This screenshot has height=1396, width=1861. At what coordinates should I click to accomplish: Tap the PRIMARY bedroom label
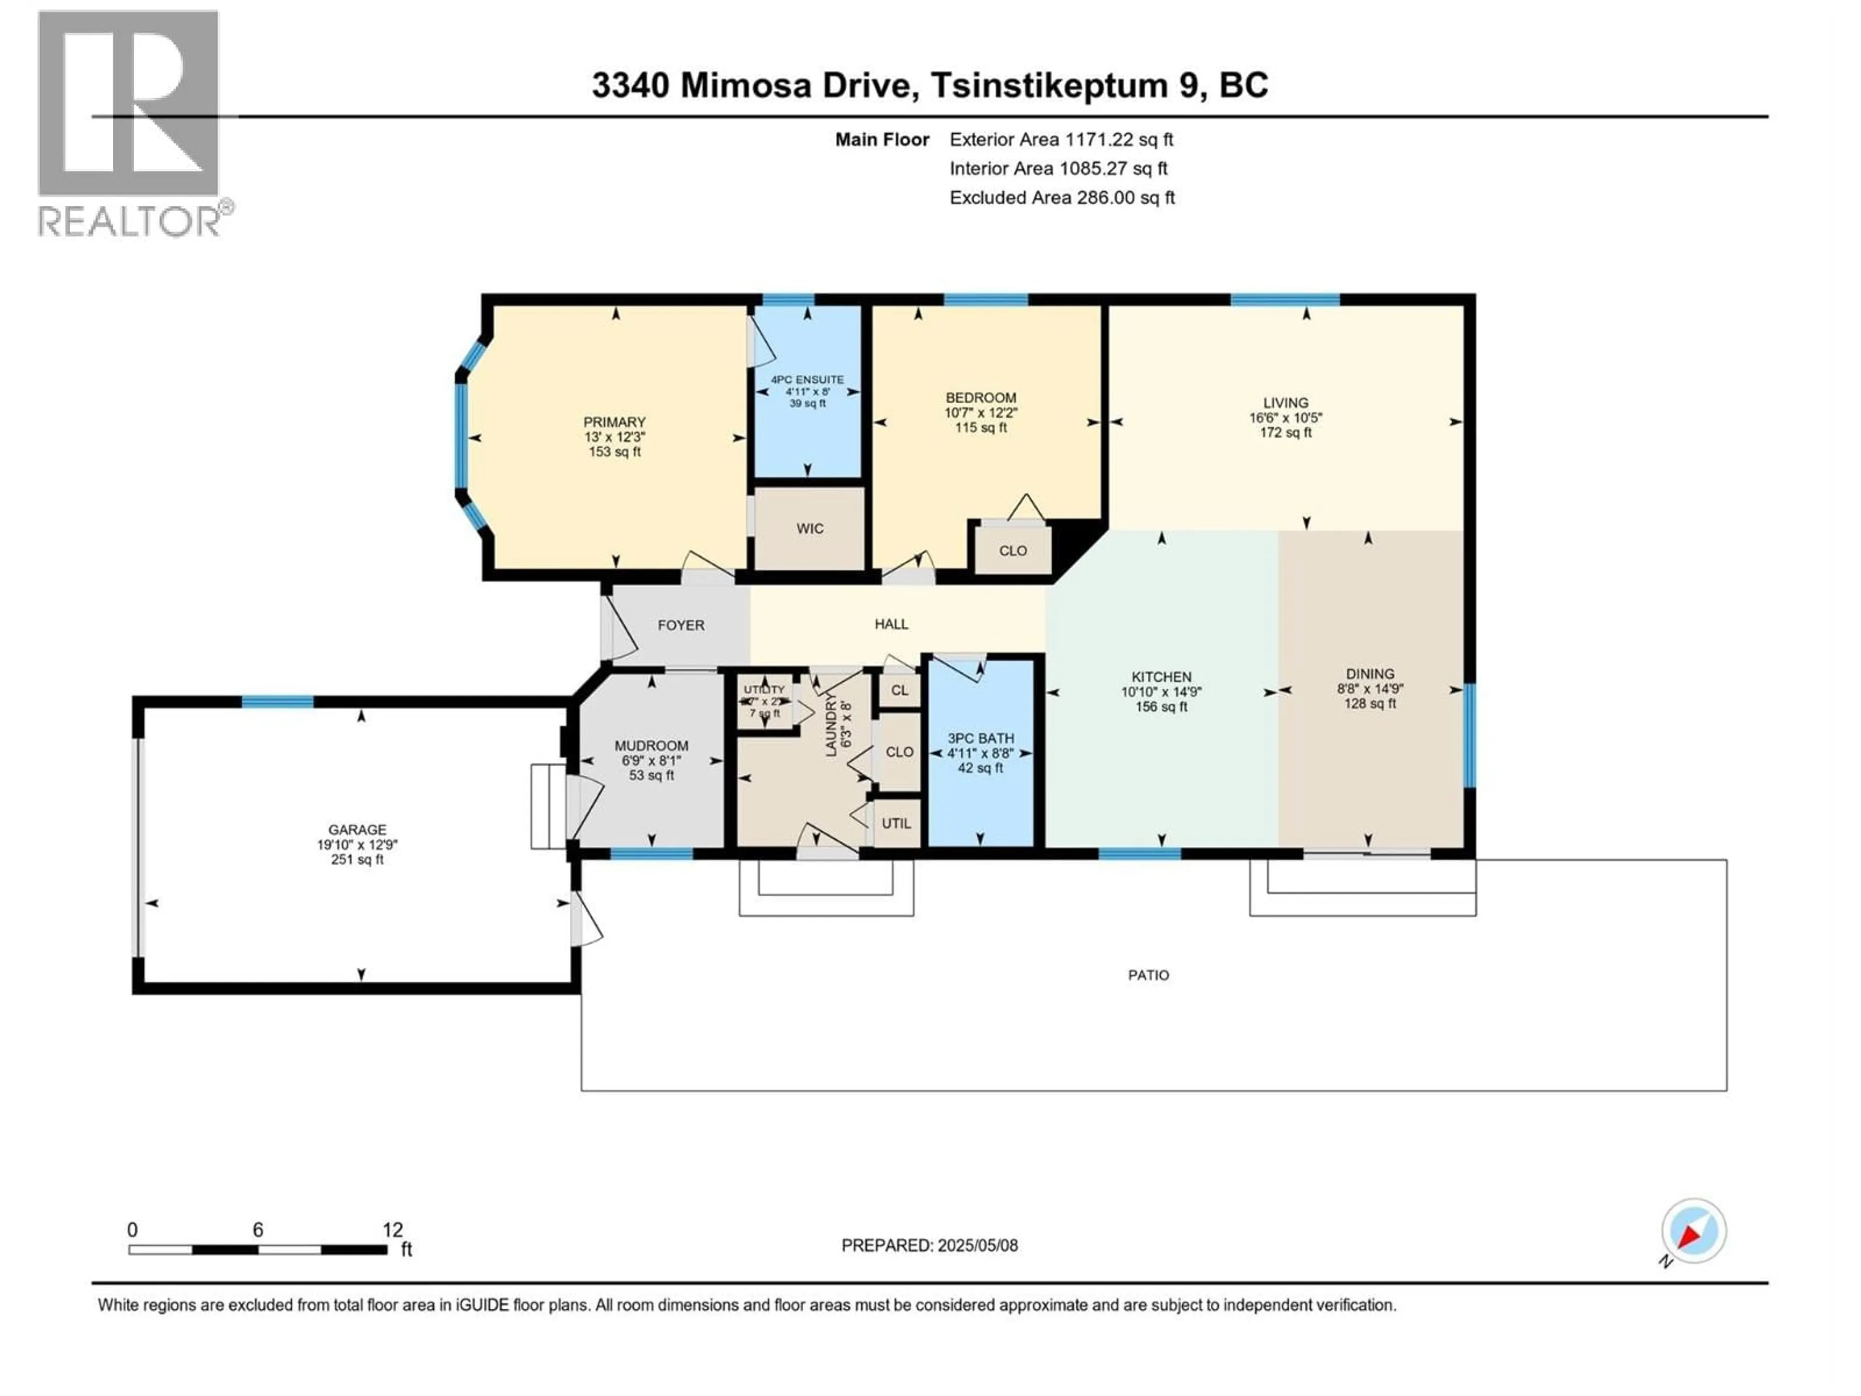pyautogui.click(x=614, y=422)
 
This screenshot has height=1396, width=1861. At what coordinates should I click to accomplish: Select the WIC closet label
pyautogui.click(x=809, y=528)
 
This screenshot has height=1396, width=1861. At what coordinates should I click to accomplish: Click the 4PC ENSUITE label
pyautogui.click(x=807, y=380)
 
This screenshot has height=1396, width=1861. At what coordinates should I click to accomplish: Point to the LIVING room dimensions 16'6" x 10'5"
pyautogui.click(x=1285, y=417)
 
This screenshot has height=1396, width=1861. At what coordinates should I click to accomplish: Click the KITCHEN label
pyautogui.click(x=1161, y=677)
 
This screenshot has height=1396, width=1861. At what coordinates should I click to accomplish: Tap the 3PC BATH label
pyautogui.click(x=980, y=738)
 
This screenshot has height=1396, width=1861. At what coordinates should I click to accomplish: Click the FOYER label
pyautogui.click(x=680, y=625)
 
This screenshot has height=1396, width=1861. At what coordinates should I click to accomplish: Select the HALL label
pyautogui.click(x=891, y=623)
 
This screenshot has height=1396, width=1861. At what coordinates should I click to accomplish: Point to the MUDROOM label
pyautogui.click(x=651, y=746)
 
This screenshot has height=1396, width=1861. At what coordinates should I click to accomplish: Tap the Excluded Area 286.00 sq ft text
pyautogui.click(x=1062, y=198)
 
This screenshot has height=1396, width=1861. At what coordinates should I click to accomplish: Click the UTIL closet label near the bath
pyautogui.click(x=896, y=823)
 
